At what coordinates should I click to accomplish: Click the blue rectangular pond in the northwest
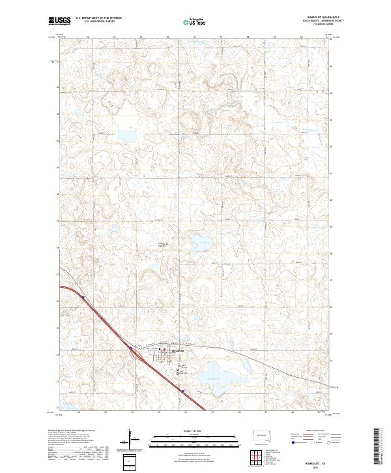pos(127,136)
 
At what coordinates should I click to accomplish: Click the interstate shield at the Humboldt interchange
pos(130,349)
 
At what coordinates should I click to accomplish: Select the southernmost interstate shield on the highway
pos(184,392)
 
